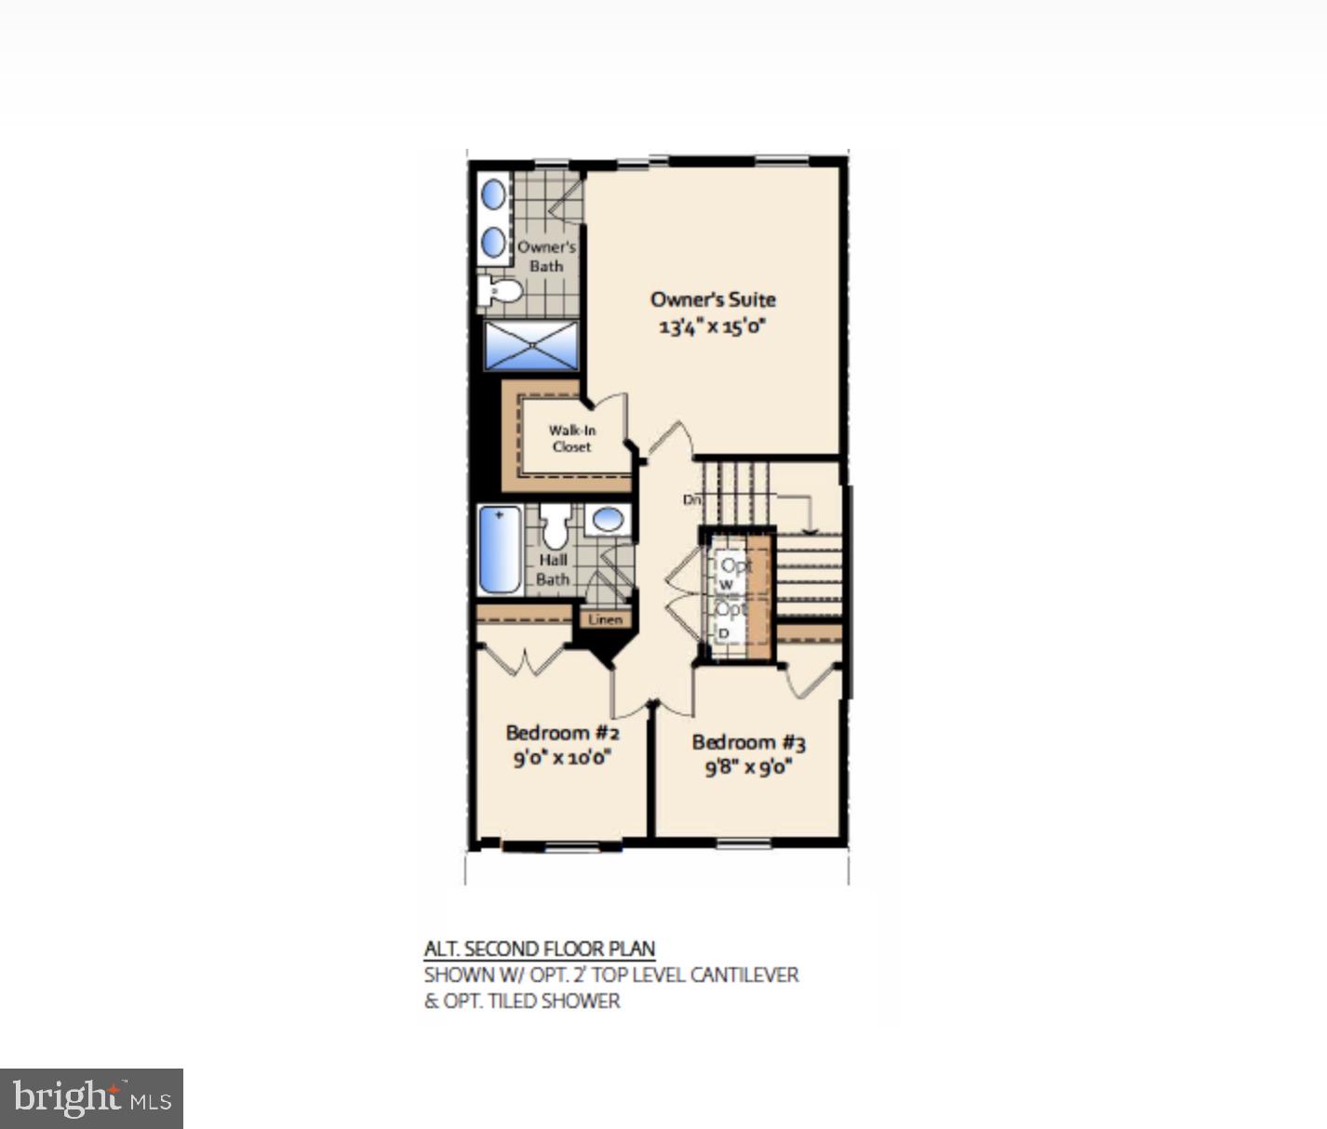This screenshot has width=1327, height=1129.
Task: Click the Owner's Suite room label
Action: coord(712,299)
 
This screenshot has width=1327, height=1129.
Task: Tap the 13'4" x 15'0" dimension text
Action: coord(712,326)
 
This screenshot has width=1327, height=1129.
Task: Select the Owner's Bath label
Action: coord(546,256)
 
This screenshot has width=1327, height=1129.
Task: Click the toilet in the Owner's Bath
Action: coord(500,289)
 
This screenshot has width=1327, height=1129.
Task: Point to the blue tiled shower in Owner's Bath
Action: coord(531,345)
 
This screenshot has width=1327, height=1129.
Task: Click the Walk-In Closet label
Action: coord(571,438)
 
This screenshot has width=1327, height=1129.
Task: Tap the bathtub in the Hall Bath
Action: coord(500,550)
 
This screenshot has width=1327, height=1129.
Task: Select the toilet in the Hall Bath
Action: coord(556,527)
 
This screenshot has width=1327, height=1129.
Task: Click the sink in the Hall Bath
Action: coord(609,520)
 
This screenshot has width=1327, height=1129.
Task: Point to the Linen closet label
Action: coord(605,619)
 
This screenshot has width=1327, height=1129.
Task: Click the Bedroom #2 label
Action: coord(562,733)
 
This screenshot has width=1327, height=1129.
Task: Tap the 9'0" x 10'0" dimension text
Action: coord(562,758)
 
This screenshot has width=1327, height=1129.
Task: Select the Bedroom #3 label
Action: coord(748,742)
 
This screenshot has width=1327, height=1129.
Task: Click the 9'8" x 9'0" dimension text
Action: coord(748,767)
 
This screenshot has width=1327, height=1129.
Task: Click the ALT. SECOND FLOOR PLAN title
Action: coord(540,950)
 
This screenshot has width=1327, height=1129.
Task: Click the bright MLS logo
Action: coord(91,1099)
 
